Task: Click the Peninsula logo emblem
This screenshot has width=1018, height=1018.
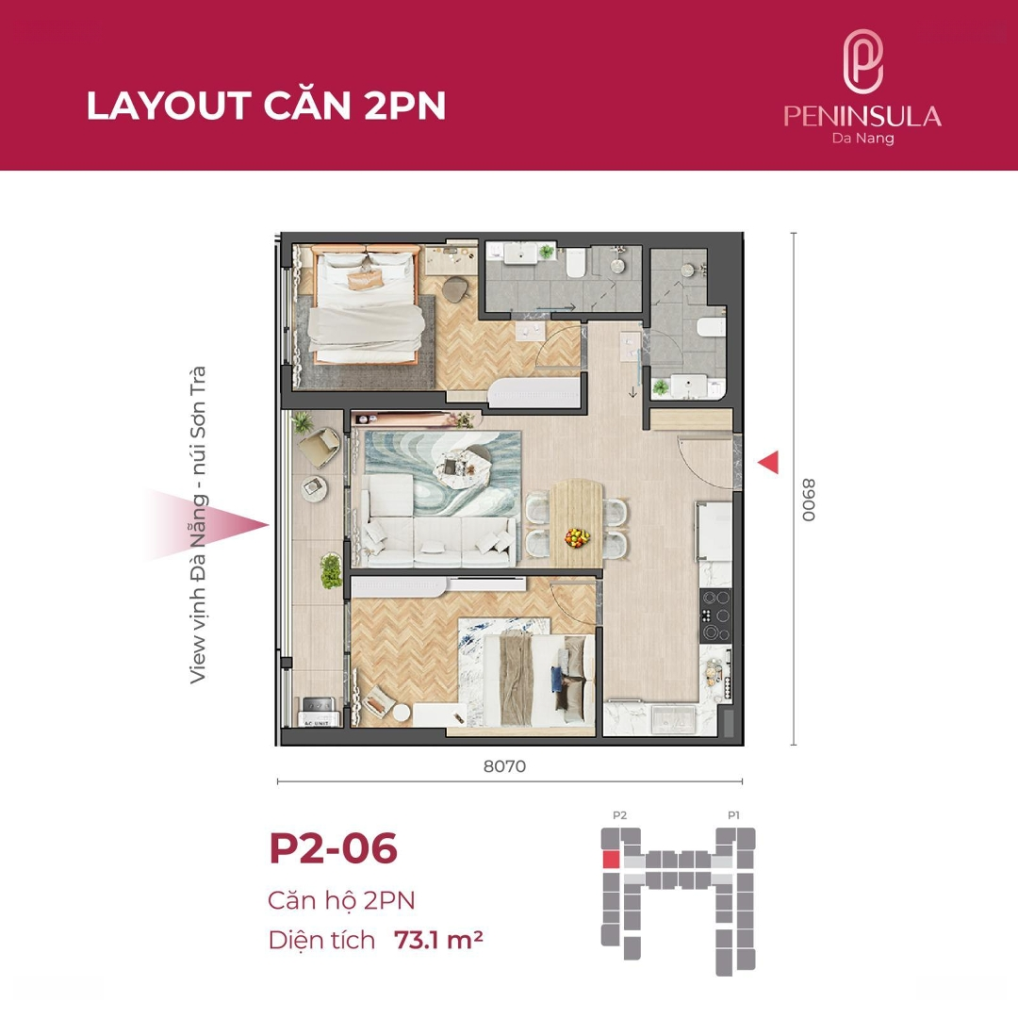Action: pos(862,61)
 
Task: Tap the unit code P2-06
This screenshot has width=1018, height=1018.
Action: pos(333,848)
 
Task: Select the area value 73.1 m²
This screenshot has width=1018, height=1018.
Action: pos(438,940)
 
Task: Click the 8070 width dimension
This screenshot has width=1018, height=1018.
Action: pos(504,766)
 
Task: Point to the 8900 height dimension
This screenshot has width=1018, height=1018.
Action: pos(809,500)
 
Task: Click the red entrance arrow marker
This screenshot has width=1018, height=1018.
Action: pos(768,462)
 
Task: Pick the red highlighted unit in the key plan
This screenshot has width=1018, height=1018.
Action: pos(610,860)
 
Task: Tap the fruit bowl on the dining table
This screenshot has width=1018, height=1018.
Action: pos(577,537)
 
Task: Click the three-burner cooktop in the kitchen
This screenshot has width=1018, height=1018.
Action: pos(715,615)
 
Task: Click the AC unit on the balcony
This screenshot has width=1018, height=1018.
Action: pos(317,712)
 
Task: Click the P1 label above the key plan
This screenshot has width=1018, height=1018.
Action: pos(733,815)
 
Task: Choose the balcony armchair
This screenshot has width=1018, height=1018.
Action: pos(319,447)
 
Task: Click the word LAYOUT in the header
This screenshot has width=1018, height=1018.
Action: pos(169,106)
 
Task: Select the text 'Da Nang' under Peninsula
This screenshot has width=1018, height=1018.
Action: pos(862,139)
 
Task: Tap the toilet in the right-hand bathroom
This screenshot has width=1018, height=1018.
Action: pos(710,327)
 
